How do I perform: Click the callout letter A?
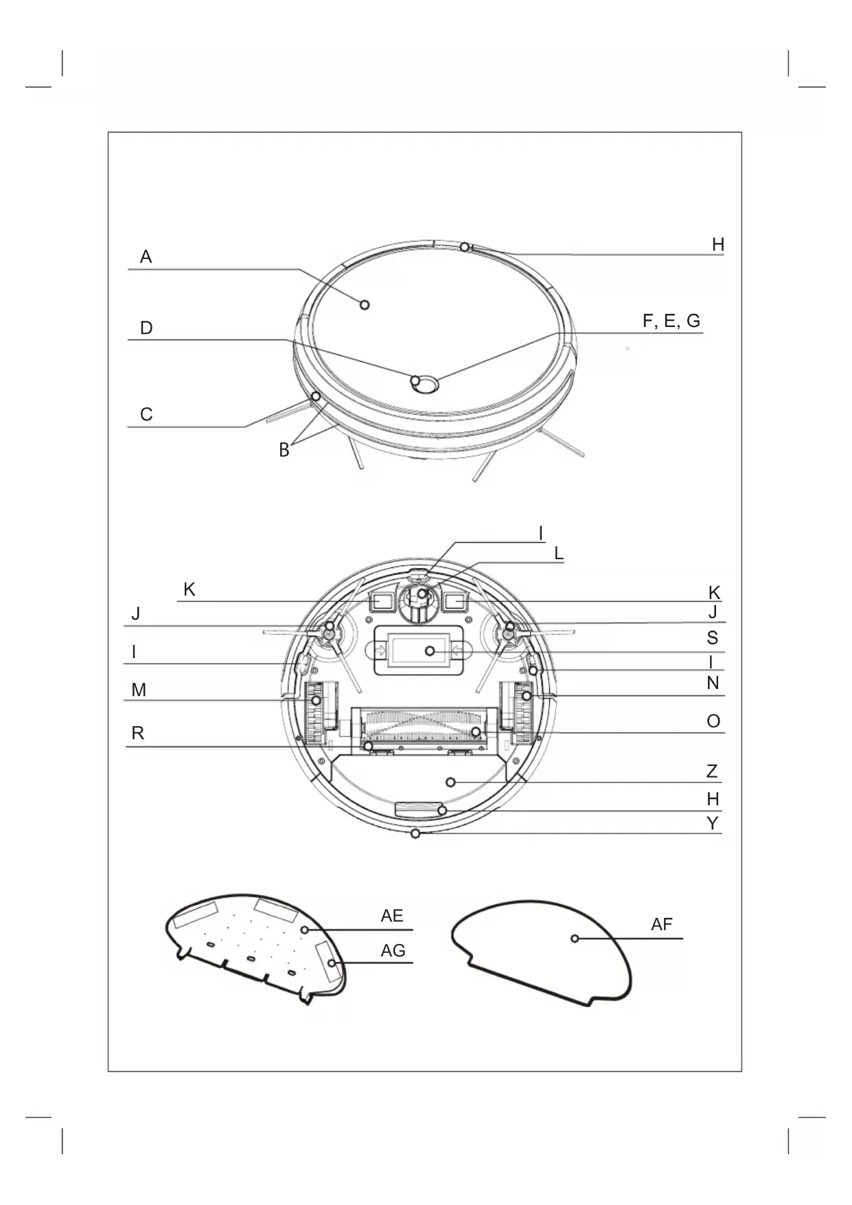coord(146,257)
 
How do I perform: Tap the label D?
coord(146,328)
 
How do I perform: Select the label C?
coord(146,415)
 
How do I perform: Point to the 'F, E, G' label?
coord(671,322)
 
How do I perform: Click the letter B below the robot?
coord(284,451)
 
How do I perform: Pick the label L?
coord(559,553)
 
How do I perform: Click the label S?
coord(713,638)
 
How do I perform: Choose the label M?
coord(139,690)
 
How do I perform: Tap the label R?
coord(138,734)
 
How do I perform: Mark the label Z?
coord(712,772)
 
